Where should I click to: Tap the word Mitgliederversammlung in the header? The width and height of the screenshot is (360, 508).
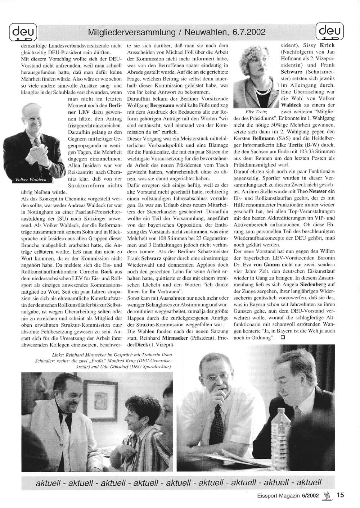point(131,32)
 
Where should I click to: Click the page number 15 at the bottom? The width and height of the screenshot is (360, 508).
point(340,495)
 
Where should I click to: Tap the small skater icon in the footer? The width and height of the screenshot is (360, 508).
point(328,495)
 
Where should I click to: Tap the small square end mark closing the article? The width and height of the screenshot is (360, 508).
point(283,337)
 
